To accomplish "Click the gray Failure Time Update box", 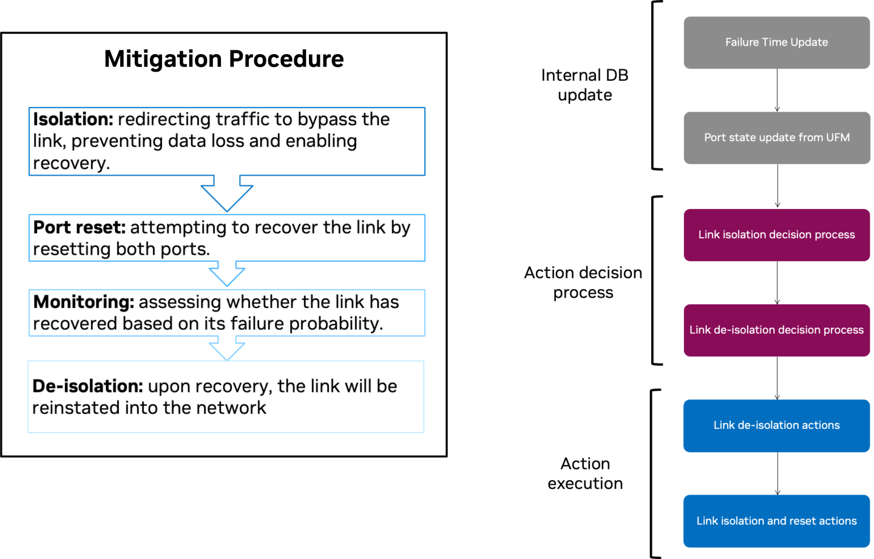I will [776, 43].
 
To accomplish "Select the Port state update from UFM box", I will [776, 138].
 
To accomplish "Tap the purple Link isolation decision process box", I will [776, 235].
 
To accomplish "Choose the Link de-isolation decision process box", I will [776, 330].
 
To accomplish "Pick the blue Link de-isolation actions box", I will [776, 425].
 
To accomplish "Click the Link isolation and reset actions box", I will [776, 521].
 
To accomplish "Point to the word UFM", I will [838, 138].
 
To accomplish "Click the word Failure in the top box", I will [742, 43].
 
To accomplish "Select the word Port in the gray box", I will [714, 138].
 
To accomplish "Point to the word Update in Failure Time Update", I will [809, 43].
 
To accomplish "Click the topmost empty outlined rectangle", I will [226, 141].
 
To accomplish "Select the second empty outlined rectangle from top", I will [226, 238].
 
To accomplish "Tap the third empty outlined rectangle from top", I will [226, 313].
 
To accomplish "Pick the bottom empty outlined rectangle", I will [225, 396].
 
